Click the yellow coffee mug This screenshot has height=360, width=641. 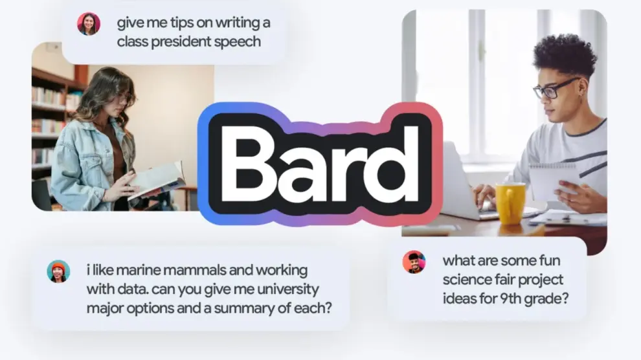510,203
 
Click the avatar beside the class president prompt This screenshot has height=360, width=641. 89,24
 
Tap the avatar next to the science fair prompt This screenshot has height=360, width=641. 414,262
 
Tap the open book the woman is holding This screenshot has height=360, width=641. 157,181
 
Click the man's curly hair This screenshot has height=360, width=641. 565,56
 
